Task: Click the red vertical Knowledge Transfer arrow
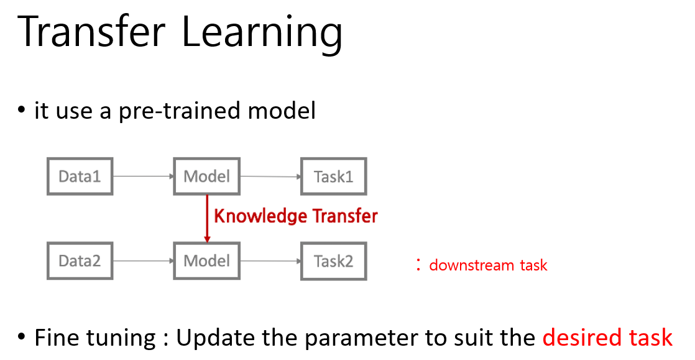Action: tap(207, 219)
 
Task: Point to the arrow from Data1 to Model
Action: tap(144, 177)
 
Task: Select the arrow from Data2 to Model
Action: tap(144, 261)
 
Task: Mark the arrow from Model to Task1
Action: tap(270, 177)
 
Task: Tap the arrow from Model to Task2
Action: tap(270, 261)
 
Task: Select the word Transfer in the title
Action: tap(91, 32)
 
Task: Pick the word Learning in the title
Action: tap(262, 34)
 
